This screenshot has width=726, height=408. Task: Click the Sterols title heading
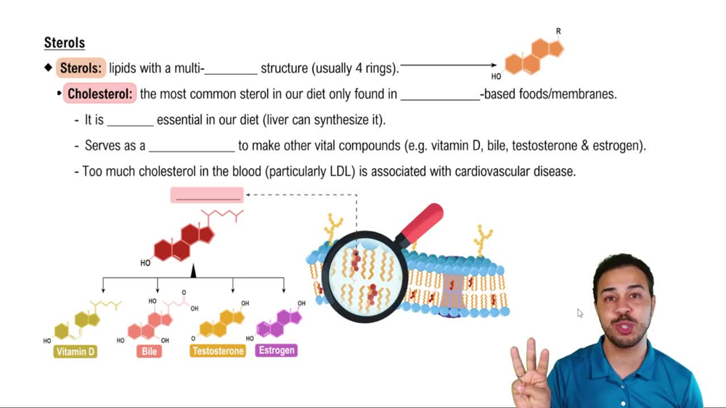pos(64,43)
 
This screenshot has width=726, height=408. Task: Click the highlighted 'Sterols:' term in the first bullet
pos(81,68)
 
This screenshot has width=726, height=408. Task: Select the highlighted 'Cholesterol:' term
pos(99,94)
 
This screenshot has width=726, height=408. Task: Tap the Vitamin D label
pos(76,351)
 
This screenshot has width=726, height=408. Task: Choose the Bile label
pos(150,351)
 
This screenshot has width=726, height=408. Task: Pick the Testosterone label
pos(218,351)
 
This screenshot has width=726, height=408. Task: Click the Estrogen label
pos(277,350)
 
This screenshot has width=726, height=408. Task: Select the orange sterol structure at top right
pos(534,57)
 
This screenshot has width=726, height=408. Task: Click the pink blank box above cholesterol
pos(208,195)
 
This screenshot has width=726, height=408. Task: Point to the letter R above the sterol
pos(558,32)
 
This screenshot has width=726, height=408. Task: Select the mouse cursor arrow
pos(579,313)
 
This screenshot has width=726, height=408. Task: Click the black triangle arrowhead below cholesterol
pos(193,271)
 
